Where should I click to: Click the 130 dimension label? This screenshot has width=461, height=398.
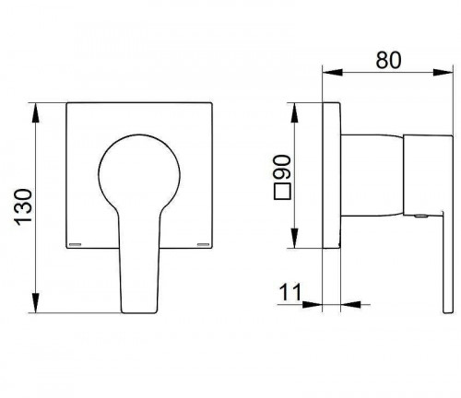click(24, 207)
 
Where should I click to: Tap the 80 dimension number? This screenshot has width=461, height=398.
click(388, 60)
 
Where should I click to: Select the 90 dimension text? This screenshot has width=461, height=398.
click(282, 167)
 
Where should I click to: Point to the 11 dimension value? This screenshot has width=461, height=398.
click(290, 292)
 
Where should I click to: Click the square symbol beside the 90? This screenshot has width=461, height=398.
click(282, 192)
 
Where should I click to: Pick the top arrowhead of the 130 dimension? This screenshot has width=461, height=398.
click(36, 113)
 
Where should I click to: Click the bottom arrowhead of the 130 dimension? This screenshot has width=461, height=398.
click(36, 303)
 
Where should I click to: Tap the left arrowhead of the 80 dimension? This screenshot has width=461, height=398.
click(332, 73)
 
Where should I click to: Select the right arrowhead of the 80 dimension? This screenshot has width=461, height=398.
click(443, 73)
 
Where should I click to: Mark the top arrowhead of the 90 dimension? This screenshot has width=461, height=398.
click(294, 113)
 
